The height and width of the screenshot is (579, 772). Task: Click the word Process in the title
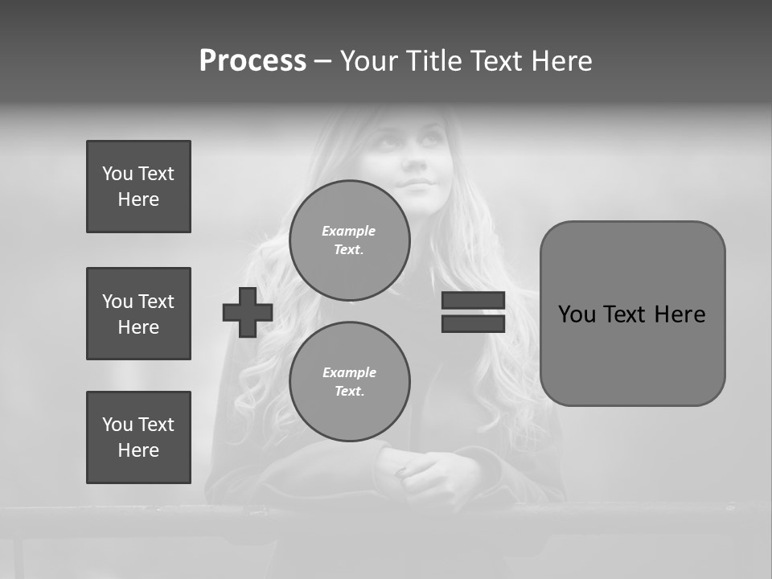click(253, 61)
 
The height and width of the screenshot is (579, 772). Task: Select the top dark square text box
click(138, 187)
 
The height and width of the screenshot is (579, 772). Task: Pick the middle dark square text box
click(138, 314)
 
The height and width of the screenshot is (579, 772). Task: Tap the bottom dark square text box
click(138, 437)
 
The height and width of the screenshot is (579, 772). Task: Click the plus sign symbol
click(248, 312)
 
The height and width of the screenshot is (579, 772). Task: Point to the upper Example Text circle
click(350, 240)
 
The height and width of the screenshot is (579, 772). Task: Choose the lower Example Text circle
click(350, 382)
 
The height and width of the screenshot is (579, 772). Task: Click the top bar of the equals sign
click(473, 300)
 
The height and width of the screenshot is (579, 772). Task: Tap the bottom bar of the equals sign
click(473, 323)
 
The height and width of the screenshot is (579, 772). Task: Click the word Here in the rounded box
click(680, 314)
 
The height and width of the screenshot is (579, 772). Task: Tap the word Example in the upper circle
click(349, 231)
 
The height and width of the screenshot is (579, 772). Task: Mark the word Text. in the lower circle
click(349, 392)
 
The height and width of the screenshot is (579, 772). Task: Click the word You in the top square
click(117, 174)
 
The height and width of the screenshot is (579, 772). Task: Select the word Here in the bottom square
click(138, 450)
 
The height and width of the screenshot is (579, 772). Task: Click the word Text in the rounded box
click(626, 314)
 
